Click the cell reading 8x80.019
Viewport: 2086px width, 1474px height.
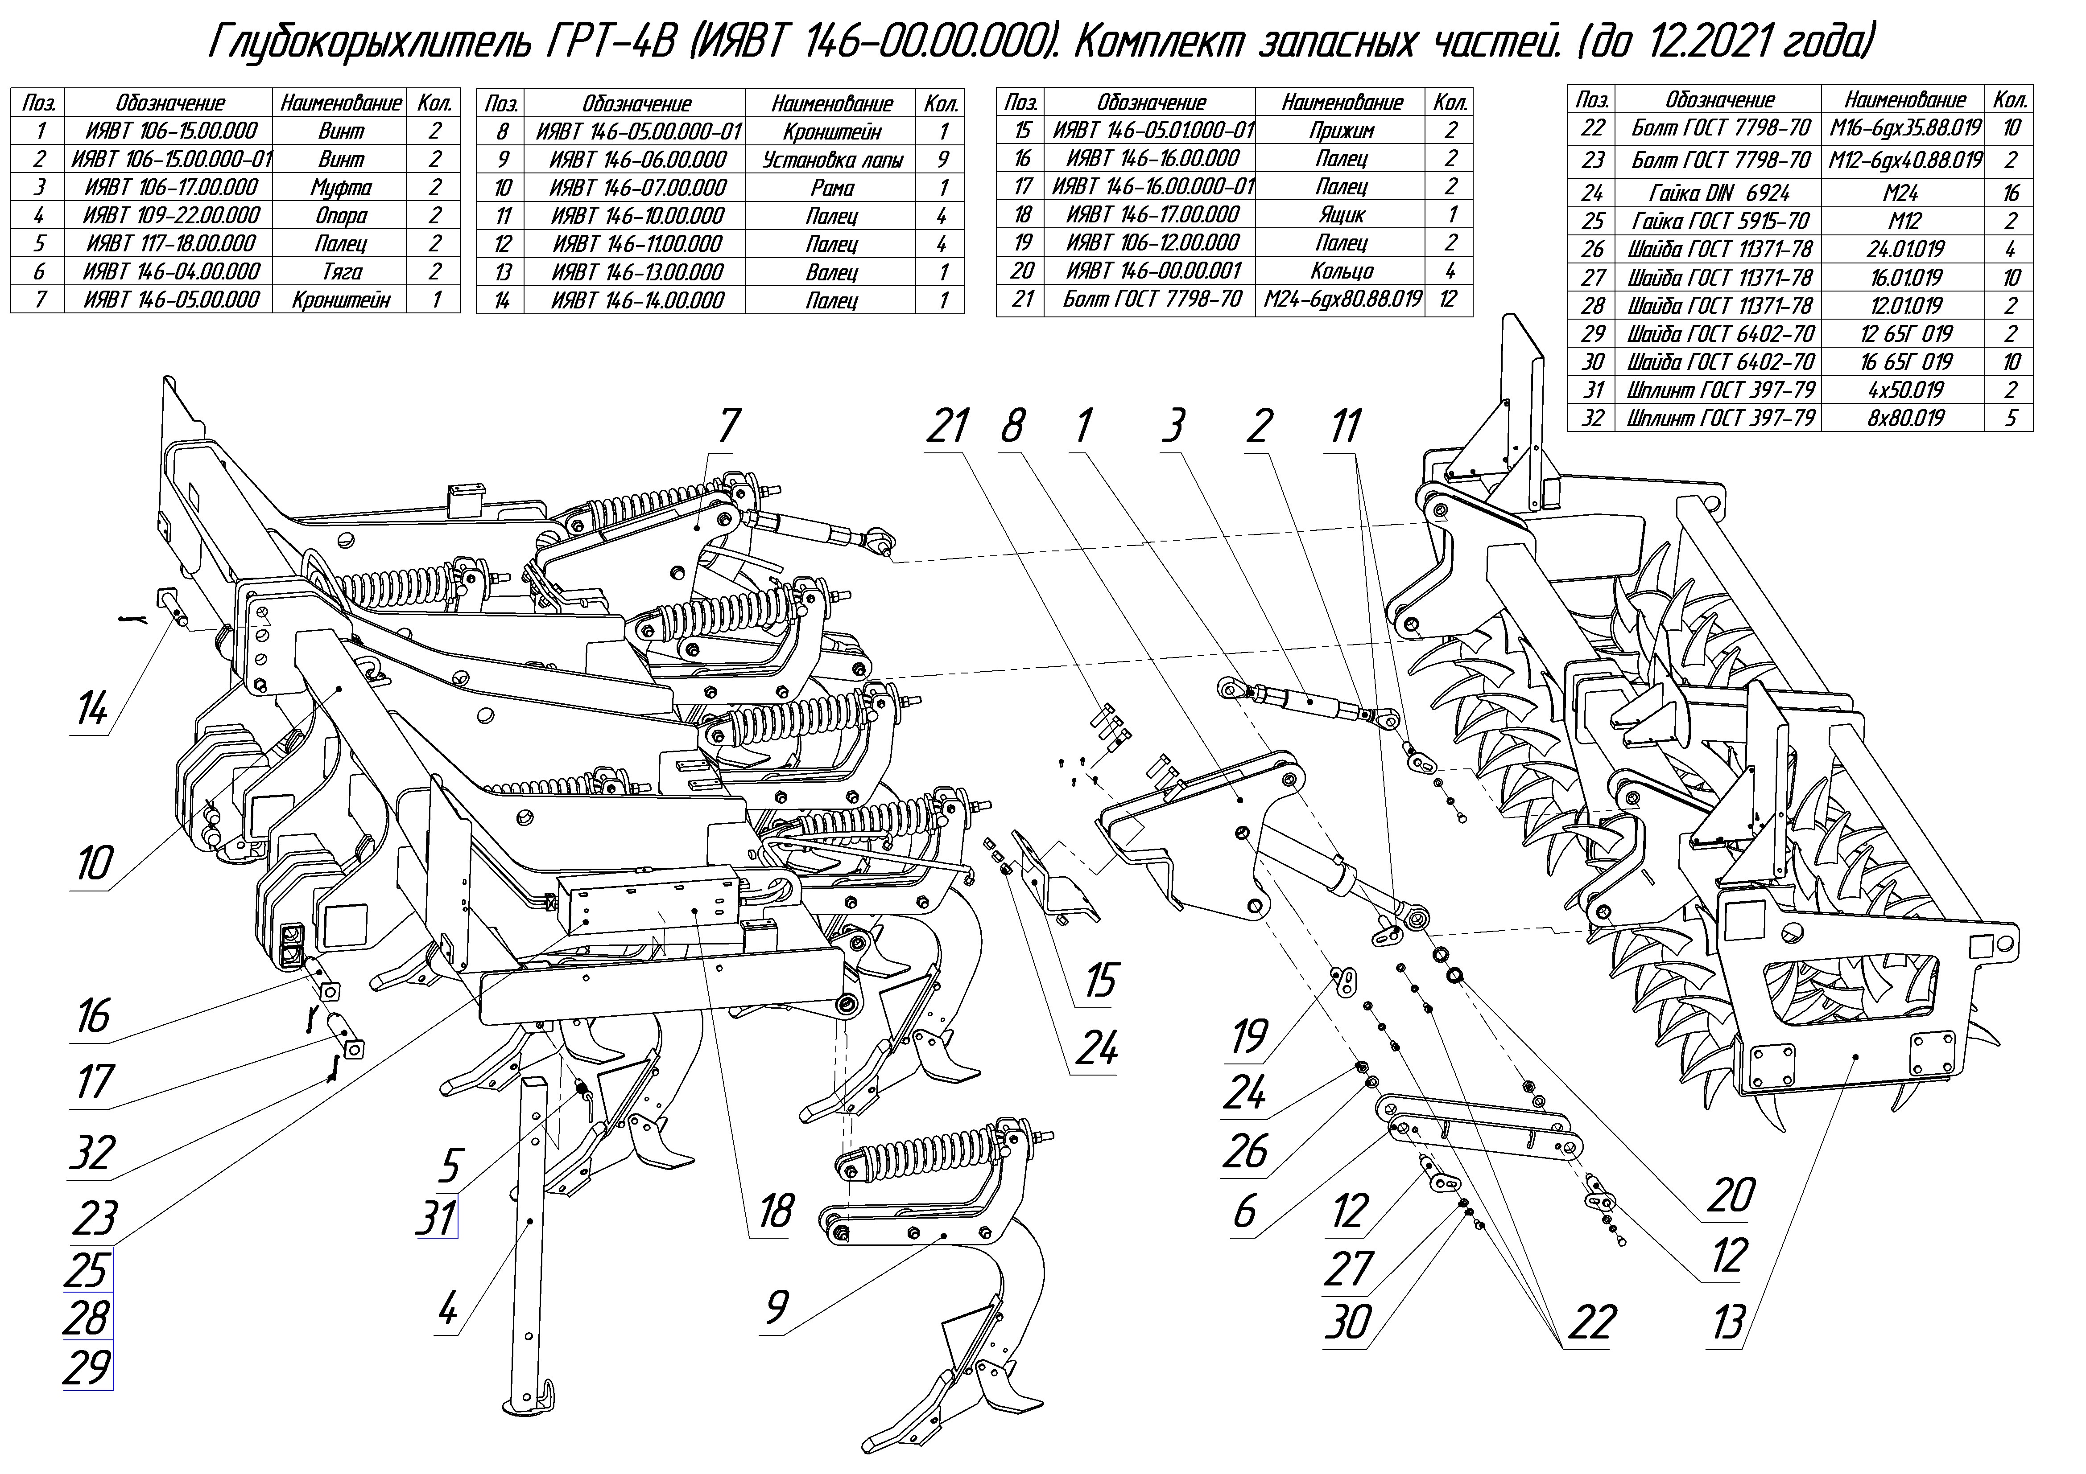(1905, 418)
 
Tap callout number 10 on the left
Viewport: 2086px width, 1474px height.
(94, 863)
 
